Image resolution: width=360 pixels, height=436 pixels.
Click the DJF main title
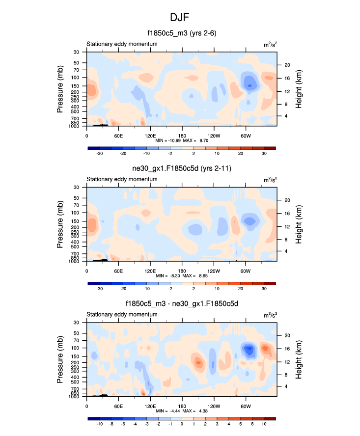pos(179,18)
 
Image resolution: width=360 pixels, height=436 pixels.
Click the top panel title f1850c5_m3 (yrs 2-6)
pos(182,33)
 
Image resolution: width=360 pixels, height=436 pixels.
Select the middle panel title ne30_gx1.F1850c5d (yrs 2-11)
pos(182,169)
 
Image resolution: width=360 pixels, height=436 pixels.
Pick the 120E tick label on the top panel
pos(150,136)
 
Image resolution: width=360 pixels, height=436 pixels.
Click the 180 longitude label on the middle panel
pos(182,271)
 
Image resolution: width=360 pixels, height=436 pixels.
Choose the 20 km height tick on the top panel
pos(287,65)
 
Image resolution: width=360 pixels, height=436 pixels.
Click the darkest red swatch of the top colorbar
pos(270,147)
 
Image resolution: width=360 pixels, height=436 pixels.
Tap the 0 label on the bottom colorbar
pos(182,424)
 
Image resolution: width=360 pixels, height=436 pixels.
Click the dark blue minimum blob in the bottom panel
pos(249,350)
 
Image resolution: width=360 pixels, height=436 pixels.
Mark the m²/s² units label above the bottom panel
pos(270,315)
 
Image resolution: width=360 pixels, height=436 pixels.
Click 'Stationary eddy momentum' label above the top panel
pos(122,44)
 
